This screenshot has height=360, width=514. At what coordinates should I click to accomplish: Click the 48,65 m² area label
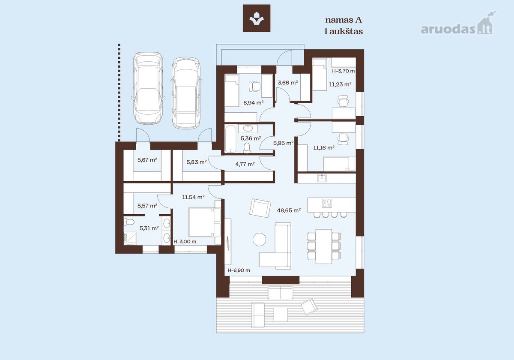289,210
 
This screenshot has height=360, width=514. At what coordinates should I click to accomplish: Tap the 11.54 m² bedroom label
193,197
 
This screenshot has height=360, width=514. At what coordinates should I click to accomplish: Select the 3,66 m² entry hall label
287,83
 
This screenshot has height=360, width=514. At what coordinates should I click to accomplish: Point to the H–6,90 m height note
239,270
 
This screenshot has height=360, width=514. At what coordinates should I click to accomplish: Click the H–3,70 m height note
343,71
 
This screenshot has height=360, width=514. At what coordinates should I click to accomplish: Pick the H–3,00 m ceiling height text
185,242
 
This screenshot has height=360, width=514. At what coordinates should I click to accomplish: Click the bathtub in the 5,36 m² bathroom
230,138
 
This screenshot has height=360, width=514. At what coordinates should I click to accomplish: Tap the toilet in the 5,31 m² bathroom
129,222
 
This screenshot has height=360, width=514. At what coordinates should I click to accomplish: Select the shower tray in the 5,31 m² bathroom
130,239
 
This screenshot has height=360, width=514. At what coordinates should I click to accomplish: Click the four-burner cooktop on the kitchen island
327,203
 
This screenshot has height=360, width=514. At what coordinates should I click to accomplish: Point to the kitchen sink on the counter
322,178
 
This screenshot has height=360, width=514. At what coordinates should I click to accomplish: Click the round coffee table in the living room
259,240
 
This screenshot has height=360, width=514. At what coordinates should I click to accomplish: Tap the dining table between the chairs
323,246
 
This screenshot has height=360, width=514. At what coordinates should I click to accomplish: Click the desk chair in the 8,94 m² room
255,86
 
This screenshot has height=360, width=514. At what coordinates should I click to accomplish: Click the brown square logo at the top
257,18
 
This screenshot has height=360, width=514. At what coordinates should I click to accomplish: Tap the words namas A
344,20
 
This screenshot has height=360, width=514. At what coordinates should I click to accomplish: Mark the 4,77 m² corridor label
245,164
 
